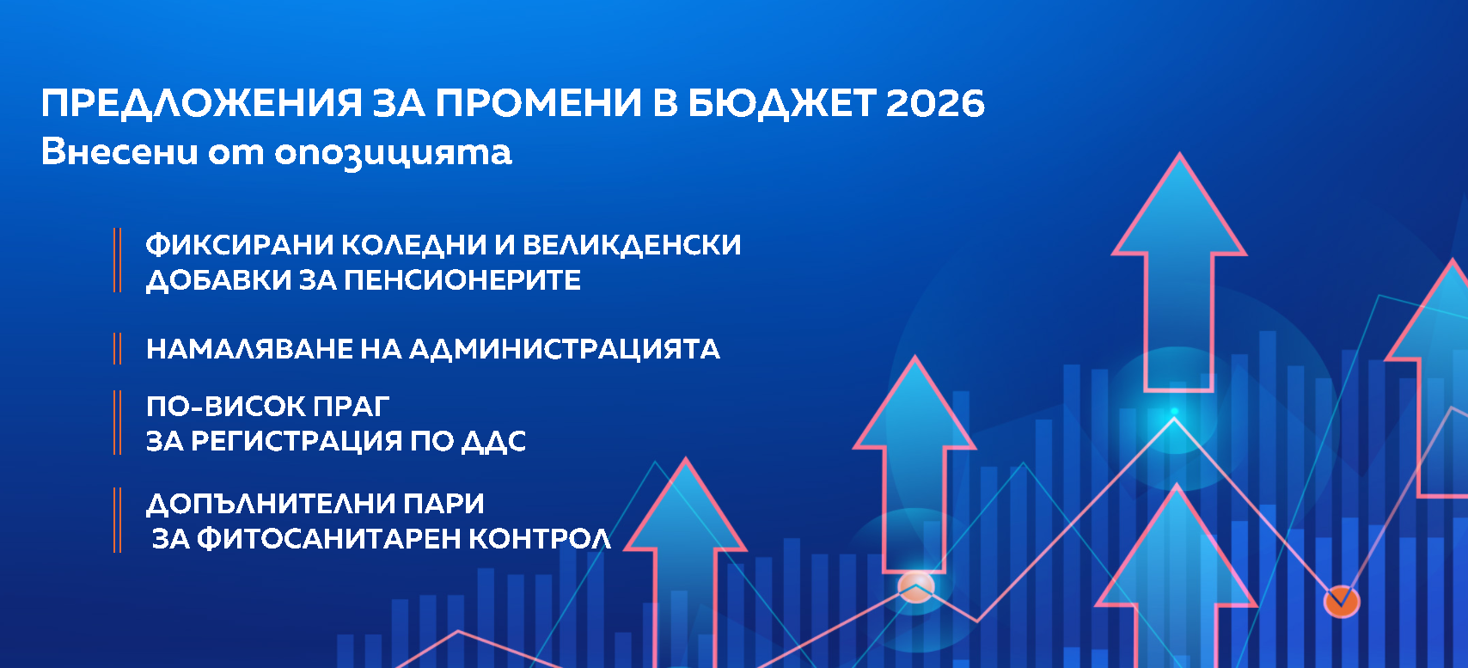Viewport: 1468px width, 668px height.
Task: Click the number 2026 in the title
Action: (934, 103)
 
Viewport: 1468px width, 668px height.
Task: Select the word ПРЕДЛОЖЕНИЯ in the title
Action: (202, 103)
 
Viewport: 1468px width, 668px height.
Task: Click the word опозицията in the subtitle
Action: (393, 153)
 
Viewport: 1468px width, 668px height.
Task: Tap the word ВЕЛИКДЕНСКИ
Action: (631, 245)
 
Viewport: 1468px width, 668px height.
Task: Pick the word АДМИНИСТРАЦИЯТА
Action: (564, 349)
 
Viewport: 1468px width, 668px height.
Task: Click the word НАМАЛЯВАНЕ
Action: (248, 349)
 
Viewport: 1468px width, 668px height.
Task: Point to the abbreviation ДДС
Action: (493, 441)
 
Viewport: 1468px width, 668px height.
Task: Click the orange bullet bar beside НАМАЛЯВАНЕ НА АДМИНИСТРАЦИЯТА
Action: (117, 349)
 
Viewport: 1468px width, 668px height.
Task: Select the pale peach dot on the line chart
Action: (915, 587)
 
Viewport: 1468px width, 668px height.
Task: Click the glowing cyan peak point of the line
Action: (1174, 414)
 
